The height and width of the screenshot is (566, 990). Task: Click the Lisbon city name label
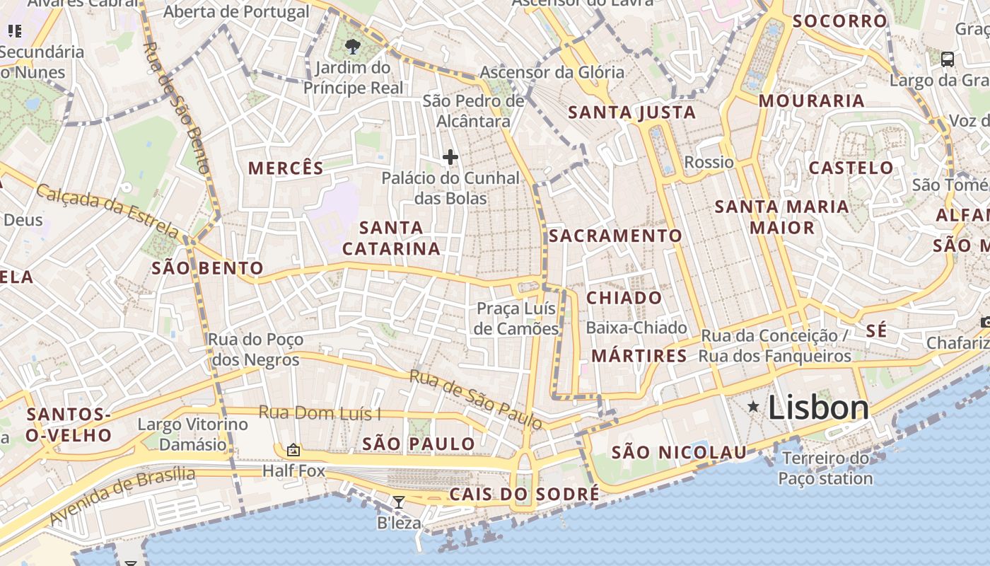tap(818, 408)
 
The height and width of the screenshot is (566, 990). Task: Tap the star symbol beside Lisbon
tap(754, 407)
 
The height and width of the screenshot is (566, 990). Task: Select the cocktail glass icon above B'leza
tap(399, 502)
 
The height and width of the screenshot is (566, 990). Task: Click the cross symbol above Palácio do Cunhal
tap(450, 157)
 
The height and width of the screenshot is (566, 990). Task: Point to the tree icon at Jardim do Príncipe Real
tap(352, 47)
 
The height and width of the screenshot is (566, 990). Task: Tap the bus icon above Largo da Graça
tap(948, 59)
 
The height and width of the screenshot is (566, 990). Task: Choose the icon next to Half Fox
tap(293, 450)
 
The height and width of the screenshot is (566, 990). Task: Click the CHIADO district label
tap(624, 298)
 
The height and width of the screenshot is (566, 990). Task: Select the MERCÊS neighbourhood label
tap(286, 168)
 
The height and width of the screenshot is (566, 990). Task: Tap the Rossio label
tap(709, 163)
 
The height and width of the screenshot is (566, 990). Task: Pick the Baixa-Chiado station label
tap(636, 328)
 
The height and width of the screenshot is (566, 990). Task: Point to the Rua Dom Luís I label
tap(320, 412)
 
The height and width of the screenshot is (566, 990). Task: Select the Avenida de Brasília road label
tap(122, 495)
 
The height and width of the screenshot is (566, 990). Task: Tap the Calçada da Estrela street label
tap(107, 210)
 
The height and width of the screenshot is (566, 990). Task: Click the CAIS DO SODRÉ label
tap(524, 494)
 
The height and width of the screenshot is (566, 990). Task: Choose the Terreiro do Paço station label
tap(825, 468)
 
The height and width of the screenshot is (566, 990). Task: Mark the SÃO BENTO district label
tap(207, 269)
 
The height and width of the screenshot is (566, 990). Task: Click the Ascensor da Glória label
tap(552, 72)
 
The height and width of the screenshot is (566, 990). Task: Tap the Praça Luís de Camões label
tap(516, 319)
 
